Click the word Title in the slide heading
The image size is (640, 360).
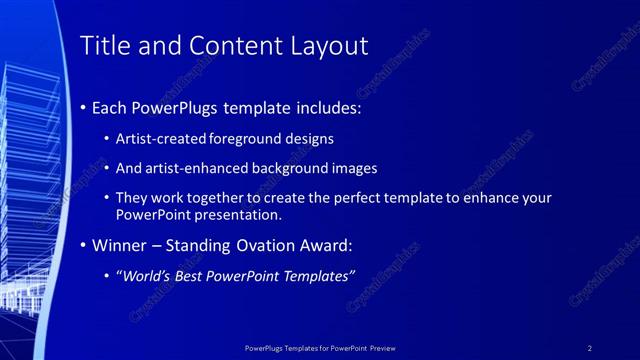103,45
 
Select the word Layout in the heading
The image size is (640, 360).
325,45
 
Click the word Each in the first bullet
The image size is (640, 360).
110,107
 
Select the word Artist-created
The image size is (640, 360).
161,139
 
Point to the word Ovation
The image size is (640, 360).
268,245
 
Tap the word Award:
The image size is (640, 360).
327,245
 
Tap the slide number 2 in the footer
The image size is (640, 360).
590,348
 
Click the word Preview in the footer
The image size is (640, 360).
382,348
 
